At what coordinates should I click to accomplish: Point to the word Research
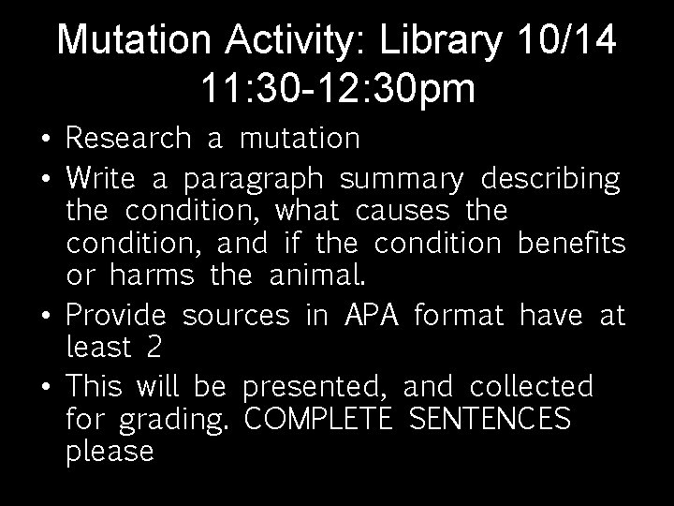tap(128, 139)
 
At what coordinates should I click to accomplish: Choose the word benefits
tap(570, 245)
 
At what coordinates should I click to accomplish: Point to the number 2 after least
tap(154, 348)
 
